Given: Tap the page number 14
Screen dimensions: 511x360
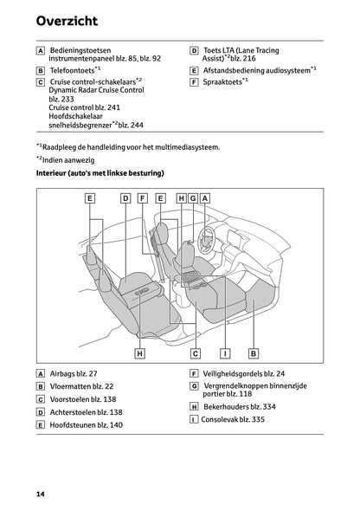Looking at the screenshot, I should (x=41, y=494).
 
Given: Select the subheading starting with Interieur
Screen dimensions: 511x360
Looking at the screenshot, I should (x=100, y=174).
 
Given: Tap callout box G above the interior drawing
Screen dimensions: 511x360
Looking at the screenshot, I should (x=193, y=198).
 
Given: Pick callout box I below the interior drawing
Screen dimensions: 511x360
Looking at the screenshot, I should (x=224, y=353).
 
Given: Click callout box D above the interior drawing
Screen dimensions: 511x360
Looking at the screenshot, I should (x=125, y=198).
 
